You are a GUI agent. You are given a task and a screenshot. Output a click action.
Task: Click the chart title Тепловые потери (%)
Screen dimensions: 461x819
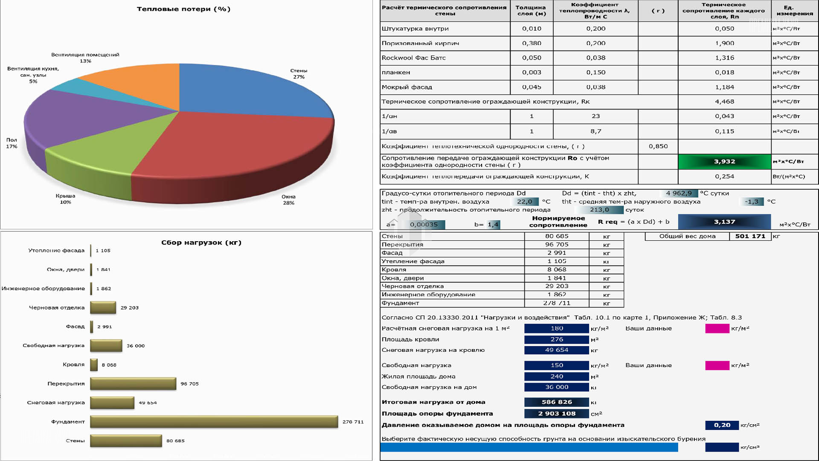pos(183,9)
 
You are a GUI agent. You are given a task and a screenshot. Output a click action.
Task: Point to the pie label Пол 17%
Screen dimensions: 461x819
pos(12,143)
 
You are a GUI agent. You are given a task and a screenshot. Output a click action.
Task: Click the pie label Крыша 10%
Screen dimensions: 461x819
pos(65,199)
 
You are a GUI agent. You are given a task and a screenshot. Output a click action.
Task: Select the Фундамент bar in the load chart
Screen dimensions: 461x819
pos(214,422)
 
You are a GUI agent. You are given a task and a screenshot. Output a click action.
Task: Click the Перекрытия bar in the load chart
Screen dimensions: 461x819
pos(133,384)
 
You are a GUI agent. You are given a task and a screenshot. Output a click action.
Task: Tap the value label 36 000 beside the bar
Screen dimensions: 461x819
pos(136,346)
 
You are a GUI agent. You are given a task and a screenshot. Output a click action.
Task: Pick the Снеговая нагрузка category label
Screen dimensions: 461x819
pos(56,403)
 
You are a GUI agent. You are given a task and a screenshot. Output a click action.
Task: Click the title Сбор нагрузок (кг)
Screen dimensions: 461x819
pos(201,242)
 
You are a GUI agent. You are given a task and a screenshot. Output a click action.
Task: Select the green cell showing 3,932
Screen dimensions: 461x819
pos(724,161)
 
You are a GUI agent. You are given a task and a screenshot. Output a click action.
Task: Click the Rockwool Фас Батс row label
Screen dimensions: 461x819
pos(413,58)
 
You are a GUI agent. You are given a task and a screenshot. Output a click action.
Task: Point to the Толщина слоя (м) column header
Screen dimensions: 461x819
pos(531,10)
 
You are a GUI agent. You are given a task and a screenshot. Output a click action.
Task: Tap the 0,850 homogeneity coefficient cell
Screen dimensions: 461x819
pos(658,146)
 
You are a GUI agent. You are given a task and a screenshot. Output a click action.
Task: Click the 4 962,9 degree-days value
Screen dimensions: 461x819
pos(679,193)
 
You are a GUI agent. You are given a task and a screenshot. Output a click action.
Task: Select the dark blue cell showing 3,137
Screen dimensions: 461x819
pos(724,222)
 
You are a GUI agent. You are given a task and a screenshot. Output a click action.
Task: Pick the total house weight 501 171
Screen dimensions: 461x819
pos(750,236)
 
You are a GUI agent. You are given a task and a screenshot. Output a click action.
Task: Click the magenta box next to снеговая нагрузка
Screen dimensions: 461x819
pos(717,328)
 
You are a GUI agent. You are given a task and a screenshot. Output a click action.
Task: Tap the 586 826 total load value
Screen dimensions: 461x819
pos(557,402)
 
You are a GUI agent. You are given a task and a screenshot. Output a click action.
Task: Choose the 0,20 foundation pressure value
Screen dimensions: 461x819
pos(722,425)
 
